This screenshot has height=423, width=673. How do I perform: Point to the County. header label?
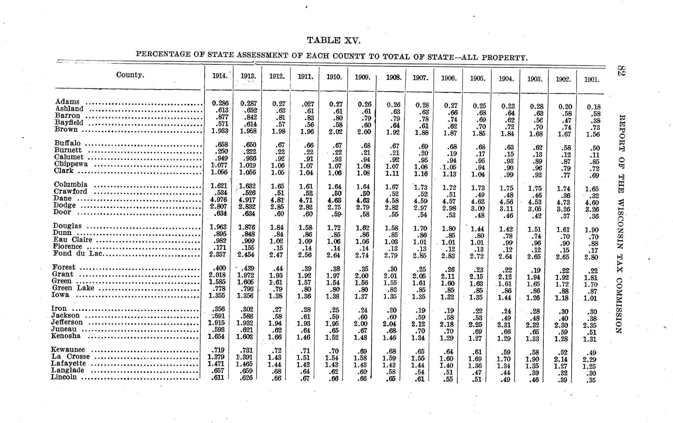[130, 75]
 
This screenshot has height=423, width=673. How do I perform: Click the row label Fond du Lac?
[78, 253]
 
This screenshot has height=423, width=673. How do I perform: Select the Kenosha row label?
[66, 336]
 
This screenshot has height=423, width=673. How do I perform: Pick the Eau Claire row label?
[72, 240]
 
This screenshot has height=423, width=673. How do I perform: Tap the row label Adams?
[67, 102]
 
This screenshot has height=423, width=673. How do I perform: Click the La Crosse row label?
[70, 356]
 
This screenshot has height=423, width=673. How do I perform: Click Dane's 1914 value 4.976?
[218, 200]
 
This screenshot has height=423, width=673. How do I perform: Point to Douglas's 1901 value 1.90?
[591, 230]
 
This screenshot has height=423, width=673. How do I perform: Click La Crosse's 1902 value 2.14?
[563, 359]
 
